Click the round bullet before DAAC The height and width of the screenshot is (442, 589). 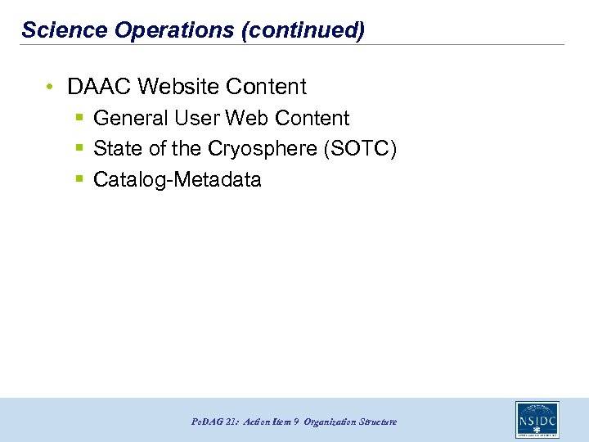pyautogui.click(x=51, y=87)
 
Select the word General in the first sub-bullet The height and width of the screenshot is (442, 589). pyautogui.click(x=131, y=119)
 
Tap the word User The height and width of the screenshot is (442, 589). pyautogui.click(x=196, y=119)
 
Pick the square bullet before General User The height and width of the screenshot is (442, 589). pyautogui.click(x=79, y=119)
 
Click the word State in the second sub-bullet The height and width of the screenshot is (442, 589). pyautogui.click(x=118, y=149)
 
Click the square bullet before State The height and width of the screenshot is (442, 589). pyautogui.click(x=79, y=149)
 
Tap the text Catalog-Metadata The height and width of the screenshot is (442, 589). pyautogui.click(x=178, y=180)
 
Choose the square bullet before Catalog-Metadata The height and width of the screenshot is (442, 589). pyautogui.click(x=79, y=180)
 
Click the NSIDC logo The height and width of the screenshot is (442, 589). pyautogui.click(x=537, y=419)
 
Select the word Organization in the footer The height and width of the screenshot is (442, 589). pyautogui.click(x=330, y=422)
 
